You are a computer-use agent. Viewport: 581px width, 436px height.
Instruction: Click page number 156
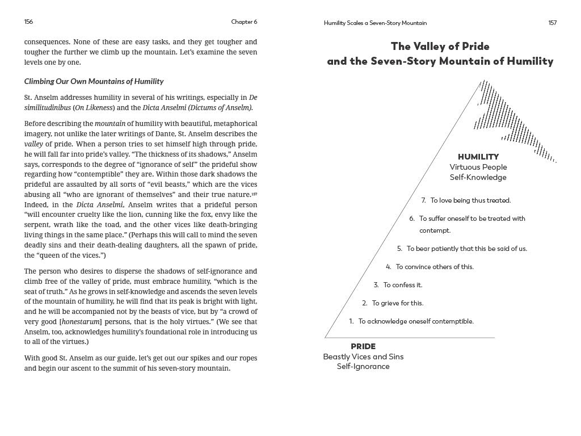pos(28,22)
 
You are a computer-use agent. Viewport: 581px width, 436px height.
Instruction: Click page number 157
pos(552,23)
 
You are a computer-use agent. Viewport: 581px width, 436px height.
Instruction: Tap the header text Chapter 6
pos(244,22)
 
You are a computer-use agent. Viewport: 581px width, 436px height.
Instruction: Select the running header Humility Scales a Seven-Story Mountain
pos(375,23)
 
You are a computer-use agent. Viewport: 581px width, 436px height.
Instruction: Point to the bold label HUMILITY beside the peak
pos(478,157)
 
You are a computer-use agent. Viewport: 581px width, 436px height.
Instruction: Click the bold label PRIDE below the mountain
pos(363,346)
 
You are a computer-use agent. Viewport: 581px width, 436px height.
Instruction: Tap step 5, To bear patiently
pos(462,249)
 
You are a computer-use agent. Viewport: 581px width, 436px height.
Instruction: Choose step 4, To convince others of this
pos(430,267)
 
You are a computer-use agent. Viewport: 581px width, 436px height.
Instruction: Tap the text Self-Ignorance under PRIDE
pos(363,367)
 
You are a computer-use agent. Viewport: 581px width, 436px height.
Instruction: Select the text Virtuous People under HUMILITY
pos(478,167)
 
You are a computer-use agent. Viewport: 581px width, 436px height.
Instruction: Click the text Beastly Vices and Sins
pos(363,357)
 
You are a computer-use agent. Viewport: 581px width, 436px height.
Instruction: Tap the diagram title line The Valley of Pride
pos(440,47)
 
